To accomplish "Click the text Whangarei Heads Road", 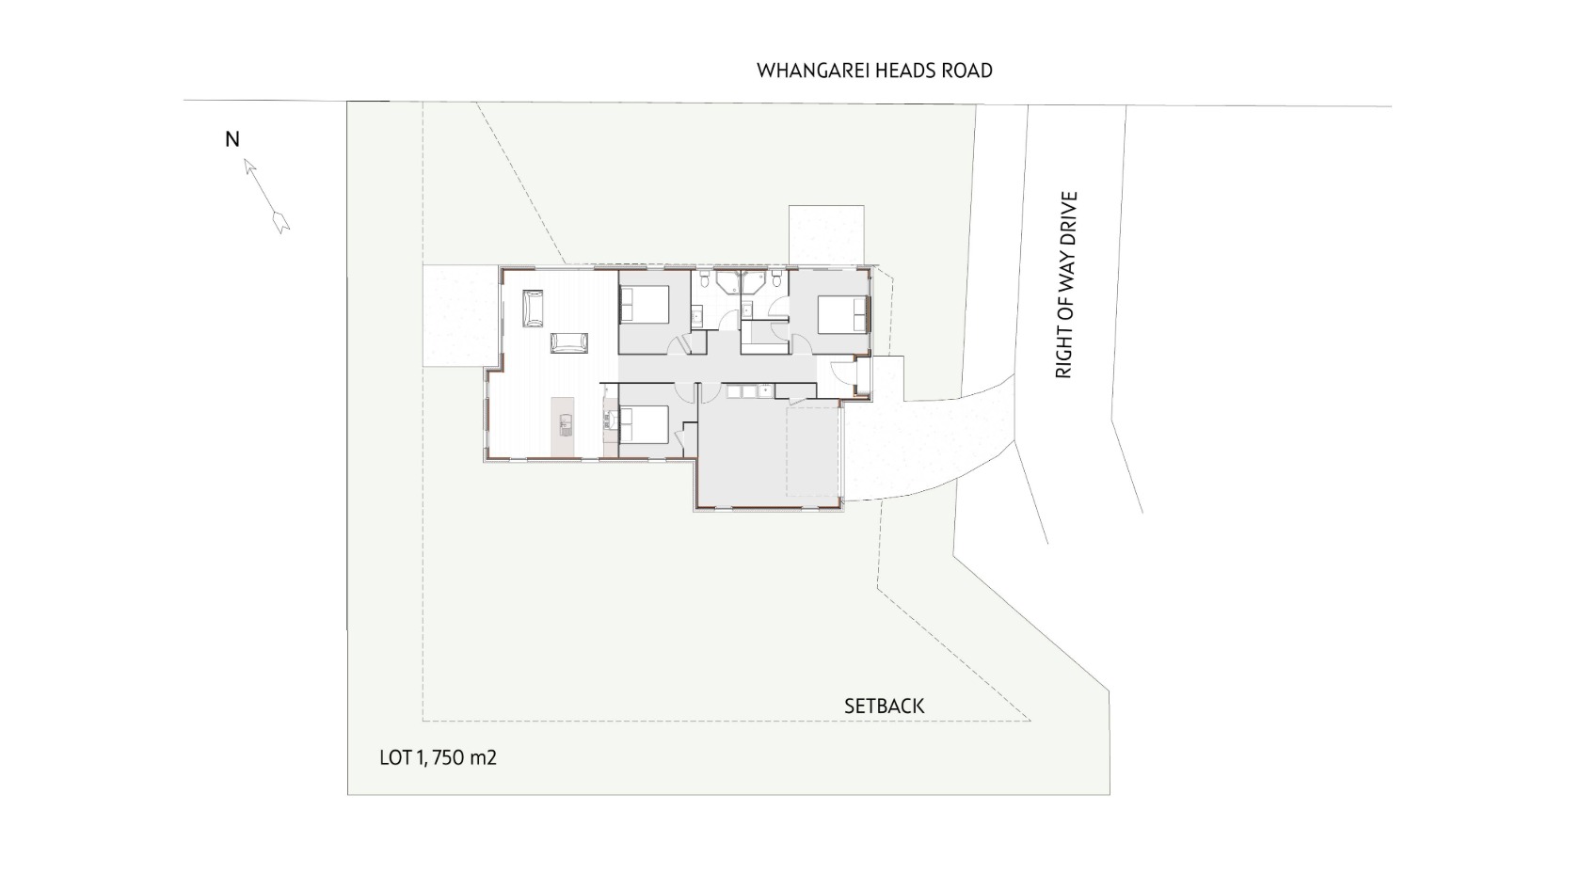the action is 874,71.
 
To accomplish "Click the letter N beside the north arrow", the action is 232,139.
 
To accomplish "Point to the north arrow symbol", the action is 267,196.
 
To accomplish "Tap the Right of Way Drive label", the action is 1065,285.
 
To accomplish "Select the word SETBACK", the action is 885,706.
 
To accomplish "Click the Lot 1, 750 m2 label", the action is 439,758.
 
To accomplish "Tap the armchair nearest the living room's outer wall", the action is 533,309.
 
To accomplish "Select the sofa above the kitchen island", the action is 568,342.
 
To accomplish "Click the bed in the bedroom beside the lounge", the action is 645,304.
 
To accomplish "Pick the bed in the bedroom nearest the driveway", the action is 843,314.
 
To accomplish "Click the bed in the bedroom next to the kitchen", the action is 645,424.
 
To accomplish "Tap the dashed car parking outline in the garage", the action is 813,452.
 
